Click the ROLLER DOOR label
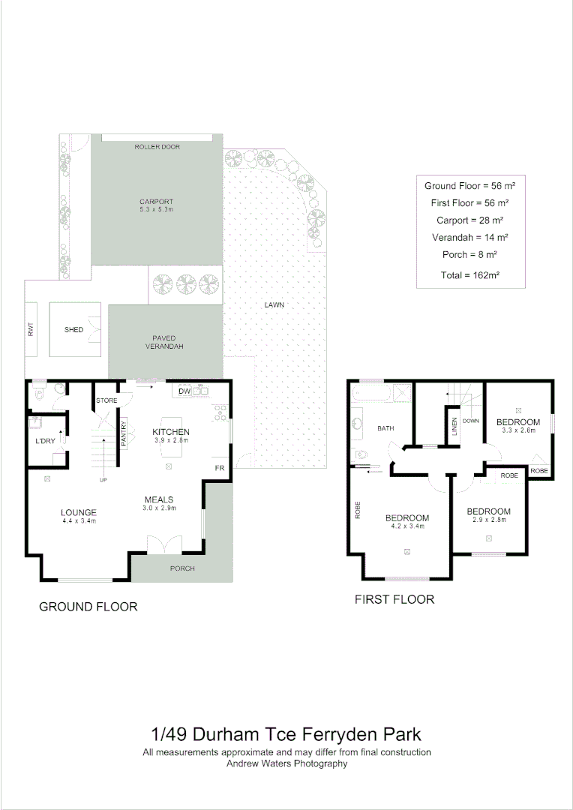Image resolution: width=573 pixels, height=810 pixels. click(157, 146)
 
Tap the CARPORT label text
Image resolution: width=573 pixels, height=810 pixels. click(157, 201)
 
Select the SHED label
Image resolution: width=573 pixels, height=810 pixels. click(73, 330)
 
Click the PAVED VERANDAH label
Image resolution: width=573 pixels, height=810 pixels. click(163, 342)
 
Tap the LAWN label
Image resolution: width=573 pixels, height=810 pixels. click(274, 305)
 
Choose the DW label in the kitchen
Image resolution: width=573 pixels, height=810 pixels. click(184, 391)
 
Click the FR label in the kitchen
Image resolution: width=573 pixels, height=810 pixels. click(220, 468)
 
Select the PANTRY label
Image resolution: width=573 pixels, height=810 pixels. click(124, 436)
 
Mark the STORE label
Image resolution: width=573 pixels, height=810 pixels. click(106, 401)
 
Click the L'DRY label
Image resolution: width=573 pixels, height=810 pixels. click(44, 441)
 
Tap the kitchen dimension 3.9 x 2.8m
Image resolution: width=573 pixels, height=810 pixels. click(170, 441)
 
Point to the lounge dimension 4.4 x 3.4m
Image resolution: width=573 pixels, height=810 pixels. click(79, 520)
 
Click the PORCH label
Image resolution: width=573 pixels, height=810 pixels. click(182, 568)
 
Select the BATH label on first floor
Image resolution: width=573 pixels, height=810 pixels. click(385, 428)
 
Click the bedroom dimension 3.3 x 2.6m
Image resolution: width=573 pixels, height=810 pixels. click(518, 430)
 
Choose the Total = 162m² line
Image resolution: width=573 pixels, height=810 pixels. click(470, 275)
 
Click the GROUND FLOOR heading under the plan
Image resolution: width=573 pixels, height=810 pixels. click(88, 606)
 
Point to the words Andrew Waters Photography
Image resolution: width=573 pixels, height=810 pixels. click(286, 763)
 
